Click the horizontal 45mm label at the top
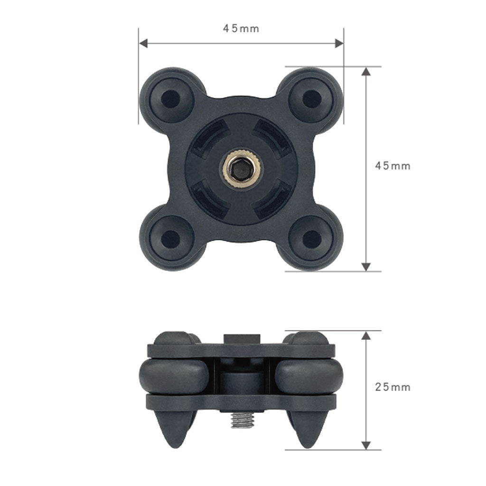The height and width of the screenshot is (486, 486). (241, 28)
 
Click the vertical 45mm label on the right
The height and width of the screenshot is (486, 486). (393, 166)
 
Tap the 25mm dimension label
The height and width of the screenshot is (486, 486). (393, 387)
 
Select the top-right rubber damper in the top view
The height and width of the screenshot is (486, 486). (311, 99)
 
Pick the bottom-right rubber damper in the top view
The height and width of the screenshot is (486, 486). (311, 239)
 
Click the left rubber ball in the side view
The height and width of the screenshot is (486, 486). (174, 376)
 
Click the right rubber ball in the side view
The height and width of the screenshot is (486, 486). (309, 376)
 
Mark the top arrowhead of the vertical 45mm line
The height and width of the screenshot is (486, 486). (366, 72)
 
